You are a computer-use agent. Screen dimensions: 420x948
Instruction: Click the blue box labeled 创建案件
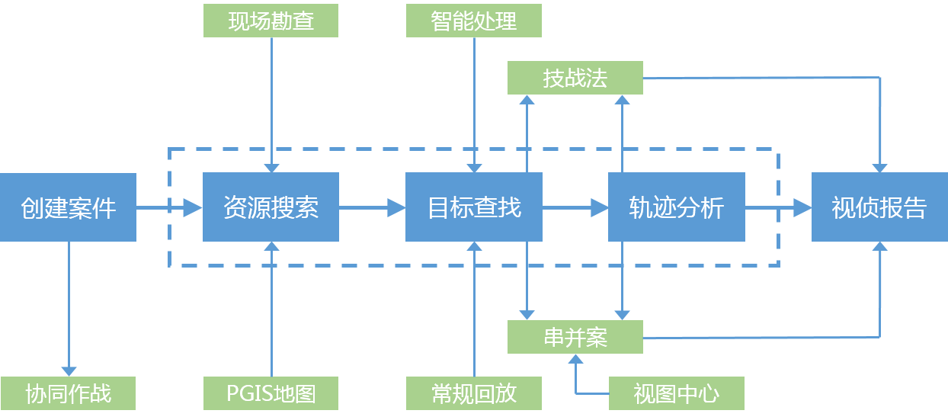click(68, 207)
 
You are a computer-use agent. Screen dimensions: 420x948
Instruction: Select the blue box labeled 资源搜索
click(271, 207)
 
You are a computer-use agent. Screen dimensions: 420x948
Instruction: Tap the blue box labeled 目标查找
click(473, 207)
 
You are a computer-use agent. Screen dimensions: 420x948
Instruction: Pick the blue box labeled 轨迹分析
click(676, 207)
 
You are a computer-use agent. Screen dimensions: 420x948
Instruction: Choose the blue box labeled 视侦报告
click(879, 207)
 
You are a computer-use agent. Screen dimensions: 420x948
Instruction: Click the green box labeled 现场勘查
click(271, 21)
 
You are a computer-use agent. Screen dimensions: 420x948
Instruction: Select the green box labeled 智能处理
click(474, 21)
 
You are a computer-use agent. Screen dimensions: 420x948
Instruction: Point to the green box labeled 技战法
click(575, 78)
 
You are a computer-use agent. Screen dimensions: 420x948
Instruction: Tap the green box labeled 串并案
click(575, 337)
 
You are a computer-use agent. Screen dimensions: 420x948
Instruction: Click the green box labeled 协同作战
click(68, 393)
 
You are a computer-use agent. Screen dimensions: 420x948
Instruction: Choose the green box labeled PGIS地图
click(271, 393)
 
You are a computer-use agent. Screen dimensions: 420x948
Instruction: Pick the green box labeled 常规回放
click(474, 393)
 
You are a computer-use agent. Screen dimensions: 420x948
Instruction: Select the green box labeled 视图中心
click(676, 393)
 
